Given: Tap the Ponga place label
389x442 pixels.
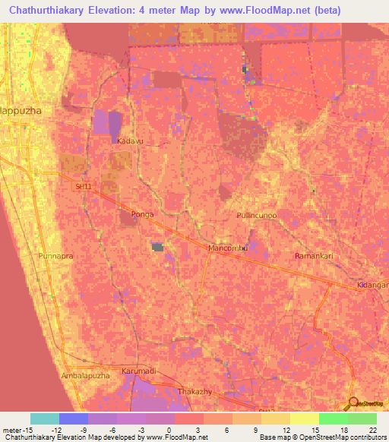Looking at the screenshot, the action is click(x=142, y=214).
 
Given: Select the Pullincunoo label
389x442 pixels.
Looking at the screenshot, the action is click(x=257, y=216).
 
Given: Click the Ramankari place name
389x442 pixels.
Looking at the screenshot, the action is click(x=314, y=257).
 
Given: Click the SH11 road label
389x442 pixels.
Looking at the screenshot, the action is click(x=82, y=186).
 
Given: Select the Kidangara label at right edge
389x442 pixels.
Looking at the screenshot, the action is click(x=372, y=285).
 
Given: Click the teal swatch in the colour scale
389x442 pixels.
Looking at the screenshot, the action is click(x=45, y=418).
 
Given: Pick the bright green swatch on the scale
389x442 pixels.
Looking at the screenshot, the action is click(x=333, y=418).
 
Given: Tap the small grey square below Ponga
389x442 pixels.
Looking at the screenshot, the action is click(x=158, y=247).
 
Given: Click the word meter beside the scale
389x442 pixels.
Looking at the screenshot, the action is click(x=11, y=430).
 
